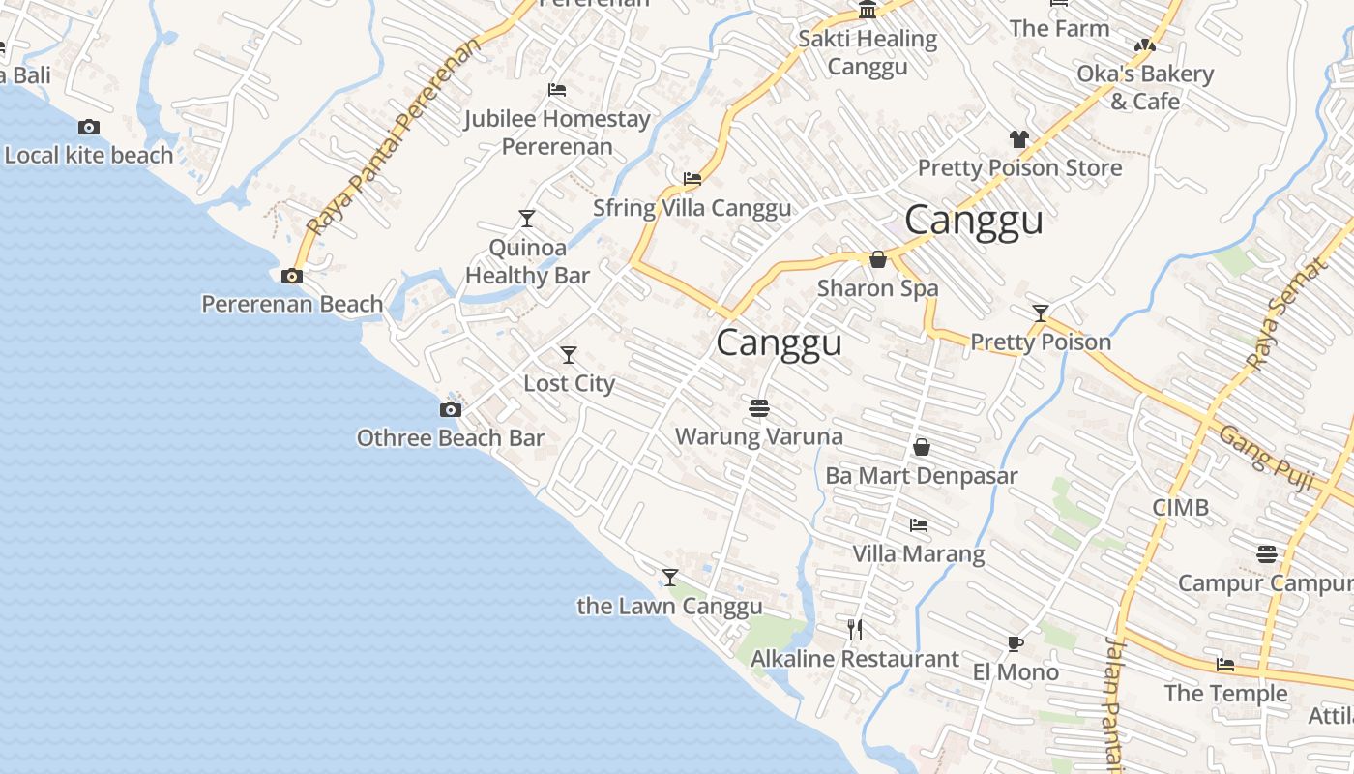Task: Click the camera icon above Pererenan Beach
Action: pyautogui.click(x=291, y=277)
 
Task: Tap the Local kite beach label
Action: pyautogui.click(x=89, y=155)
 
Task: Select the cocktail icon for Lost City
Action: pyautogui.click(x=569, y=355)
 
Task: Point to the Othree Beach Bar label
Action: pyautogui.click(x=451, y=438)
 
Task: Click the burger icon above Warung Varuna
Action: pyautogui.click(x=759, y=408)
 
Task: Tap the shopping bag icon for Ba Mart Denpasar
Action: pyautogui.click(x=922, y=447)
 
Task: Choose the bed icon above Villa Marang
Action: pyautogui.click(x=919, y=525)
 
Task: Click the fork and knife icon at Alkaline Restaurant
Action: pyautogui.click(x=855, y=630)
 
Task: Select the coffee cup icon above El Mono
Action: pyautogui.click(x=1015, y=643)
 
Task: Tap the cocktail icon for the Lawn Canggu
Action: pyautogui.click(x=670, y=578)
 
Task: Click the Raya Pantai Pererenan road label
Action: pyautogui.click(x=394, y=137)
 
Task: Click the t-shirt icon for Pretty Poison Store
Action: pyautogui.click(x=1019, y=139)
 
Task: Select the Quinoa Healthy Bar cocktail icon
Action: pyautogui.click(x=527, y=219)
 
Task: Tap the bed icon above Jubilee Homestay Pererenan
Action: pyautogui.click(x=556, y=90)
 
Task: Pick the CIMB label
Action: pyautogui.click(x=1180, y=508)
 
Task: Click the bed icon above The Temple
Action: pyautogui.click(x=1225, y=665)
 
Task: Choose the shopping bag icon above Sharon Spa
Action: pyautogui.click(x=878, y=259)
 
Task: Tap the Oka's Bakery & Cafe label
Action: pyautogui.click(x=1145, y=87)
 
